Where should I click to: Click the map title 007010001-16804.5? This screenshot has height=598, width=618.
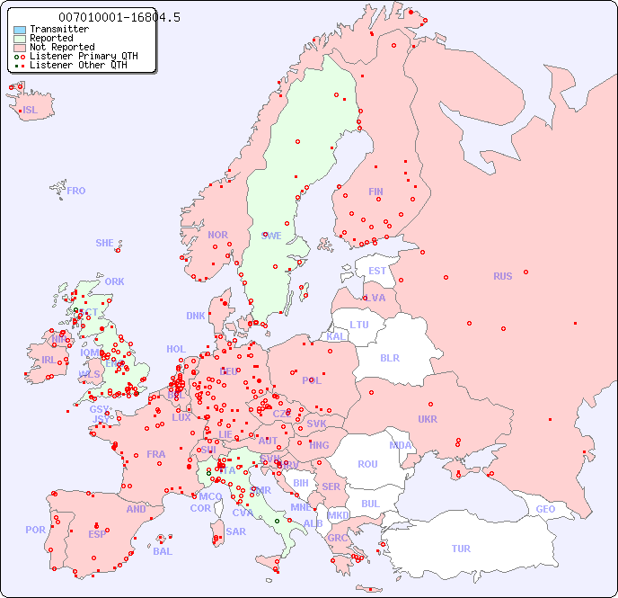click(106, 17)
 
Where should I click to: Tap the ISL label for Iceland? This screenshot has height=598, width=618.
click(31, 111)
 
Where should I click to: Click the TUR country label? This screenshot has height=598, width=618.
click(461, 549)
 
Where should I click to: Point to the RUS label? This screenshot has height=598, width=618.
click(502, 276)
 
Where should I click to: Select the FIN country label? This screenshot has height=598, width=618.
click(375, 192)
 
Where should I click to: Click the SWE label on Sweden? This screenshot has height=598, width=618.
click(271, 236)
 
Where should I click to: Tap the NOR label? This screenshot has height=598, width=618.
click(217, 235)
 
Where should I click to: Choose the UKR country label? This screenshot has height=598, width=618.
click(428, 419)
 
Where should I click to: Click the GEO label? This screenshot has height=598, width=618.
click(545, 509)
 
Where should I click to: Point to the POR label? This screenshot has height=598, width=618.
click(35, 530)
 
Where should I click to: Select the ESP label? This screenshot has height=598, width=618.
click(97, 533)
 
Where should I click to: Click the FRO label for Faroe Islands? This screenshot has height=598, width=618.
click(76, 191)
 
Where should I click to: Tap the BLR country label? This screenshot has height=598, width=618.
click(389, 357)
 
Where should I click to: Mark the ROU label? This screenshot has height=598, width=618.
click(367, 464)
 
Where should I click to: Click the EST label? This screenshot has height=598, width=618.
click(377, 271)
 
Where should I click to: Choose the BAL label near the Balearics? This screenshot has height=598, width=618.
click(162, 551)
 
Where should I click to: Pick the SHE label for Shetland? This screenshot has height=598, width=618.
click(105, 243)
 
